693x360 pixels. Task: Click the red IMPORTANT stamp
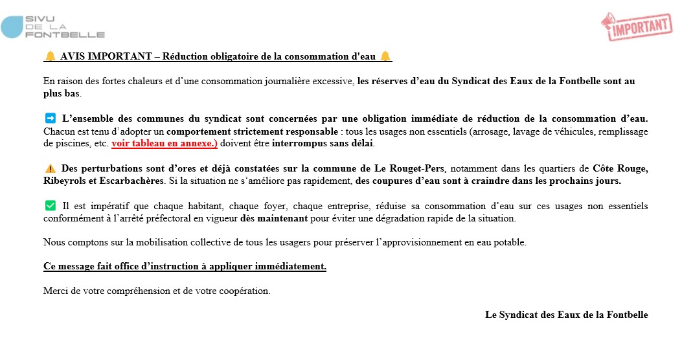(x=636, y=26)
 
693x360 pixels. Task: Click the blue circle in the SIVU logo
(x=12, y=27)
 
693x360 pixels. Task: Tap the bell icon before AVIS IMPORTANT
(x=50, y=56)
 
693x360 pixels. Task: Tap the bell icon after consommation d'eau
(x=385, y=56)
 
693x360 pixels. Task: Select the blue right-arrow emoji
(x=50, y=118)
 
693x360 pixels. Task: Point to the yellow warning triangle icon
(x=50, y=169)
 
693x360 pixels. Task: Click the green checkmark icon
(x=50, y=206)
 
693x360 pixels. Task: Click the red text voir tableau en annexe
(x=164, y=143)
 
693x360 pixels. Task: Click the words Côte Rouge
(x=620, y=169)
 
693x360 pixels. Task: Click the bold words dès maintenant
(x=273, y=218)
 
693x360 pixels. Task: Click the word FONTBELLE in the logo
(x=65, y=34)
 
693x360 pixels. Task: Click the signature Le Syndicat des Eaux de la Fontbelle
(x=566, y=315)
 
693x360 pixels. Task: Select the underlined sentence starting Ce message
(x=185, y=267)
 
